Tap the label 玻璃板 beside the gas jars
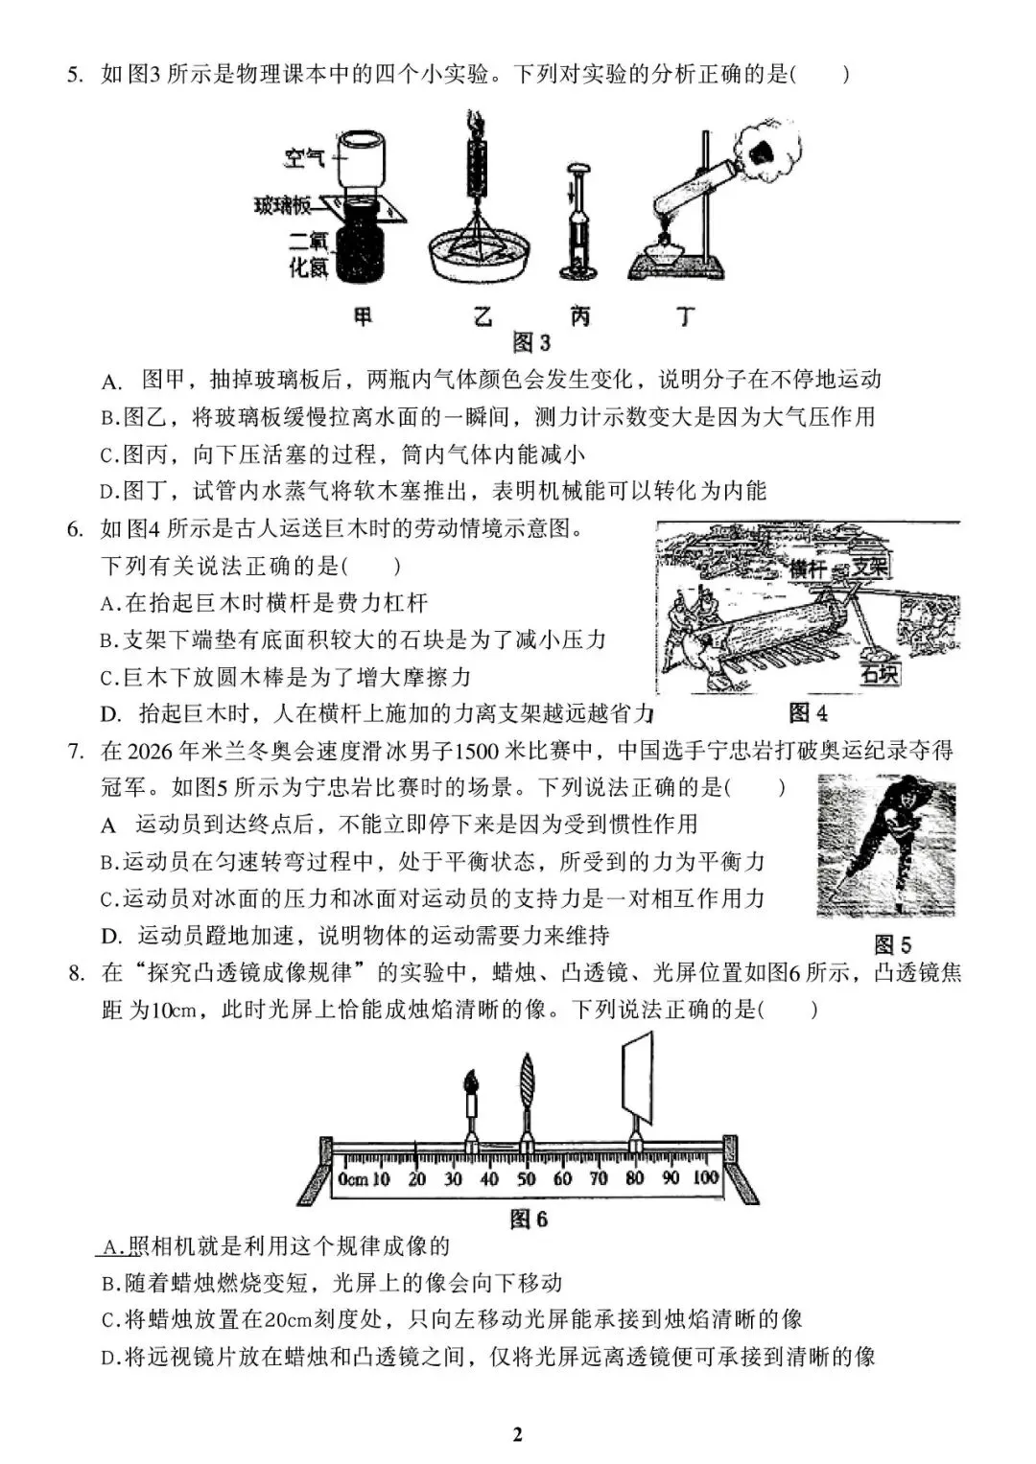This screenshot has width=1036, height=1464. click(x=283, y=205)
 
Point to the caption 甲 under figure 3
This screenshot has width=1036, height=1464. click(x=363, y=316)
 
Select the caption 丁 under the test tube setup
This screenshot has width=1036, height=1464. click(x=684, y=316)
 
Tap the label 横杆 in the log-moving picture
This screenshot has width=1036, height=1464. click(x=808, y=569)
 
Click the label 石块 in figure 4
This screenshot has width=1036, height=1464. click(x=880, y=674)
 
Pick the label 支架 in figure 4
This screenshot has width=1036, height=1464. click(x=871, y=567)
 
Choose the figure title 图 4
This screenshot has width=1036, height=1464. click(x=808, y=712)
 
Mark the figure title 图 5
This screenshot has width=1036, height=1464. click(x=892, y=944)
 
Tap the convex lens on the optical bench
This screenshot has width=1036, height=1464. click(x=527, y=1082)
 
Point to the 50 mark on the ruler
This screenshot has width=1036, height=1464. click(x=527, y=1178)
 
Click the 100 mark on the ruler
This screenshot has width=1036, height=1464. click(x=706, y=1178)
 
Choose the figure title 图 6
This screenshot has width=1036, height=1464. click(x=529, y=1219)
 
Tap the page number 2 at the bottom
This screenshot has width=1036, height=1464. click(x=518, y=1434)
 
